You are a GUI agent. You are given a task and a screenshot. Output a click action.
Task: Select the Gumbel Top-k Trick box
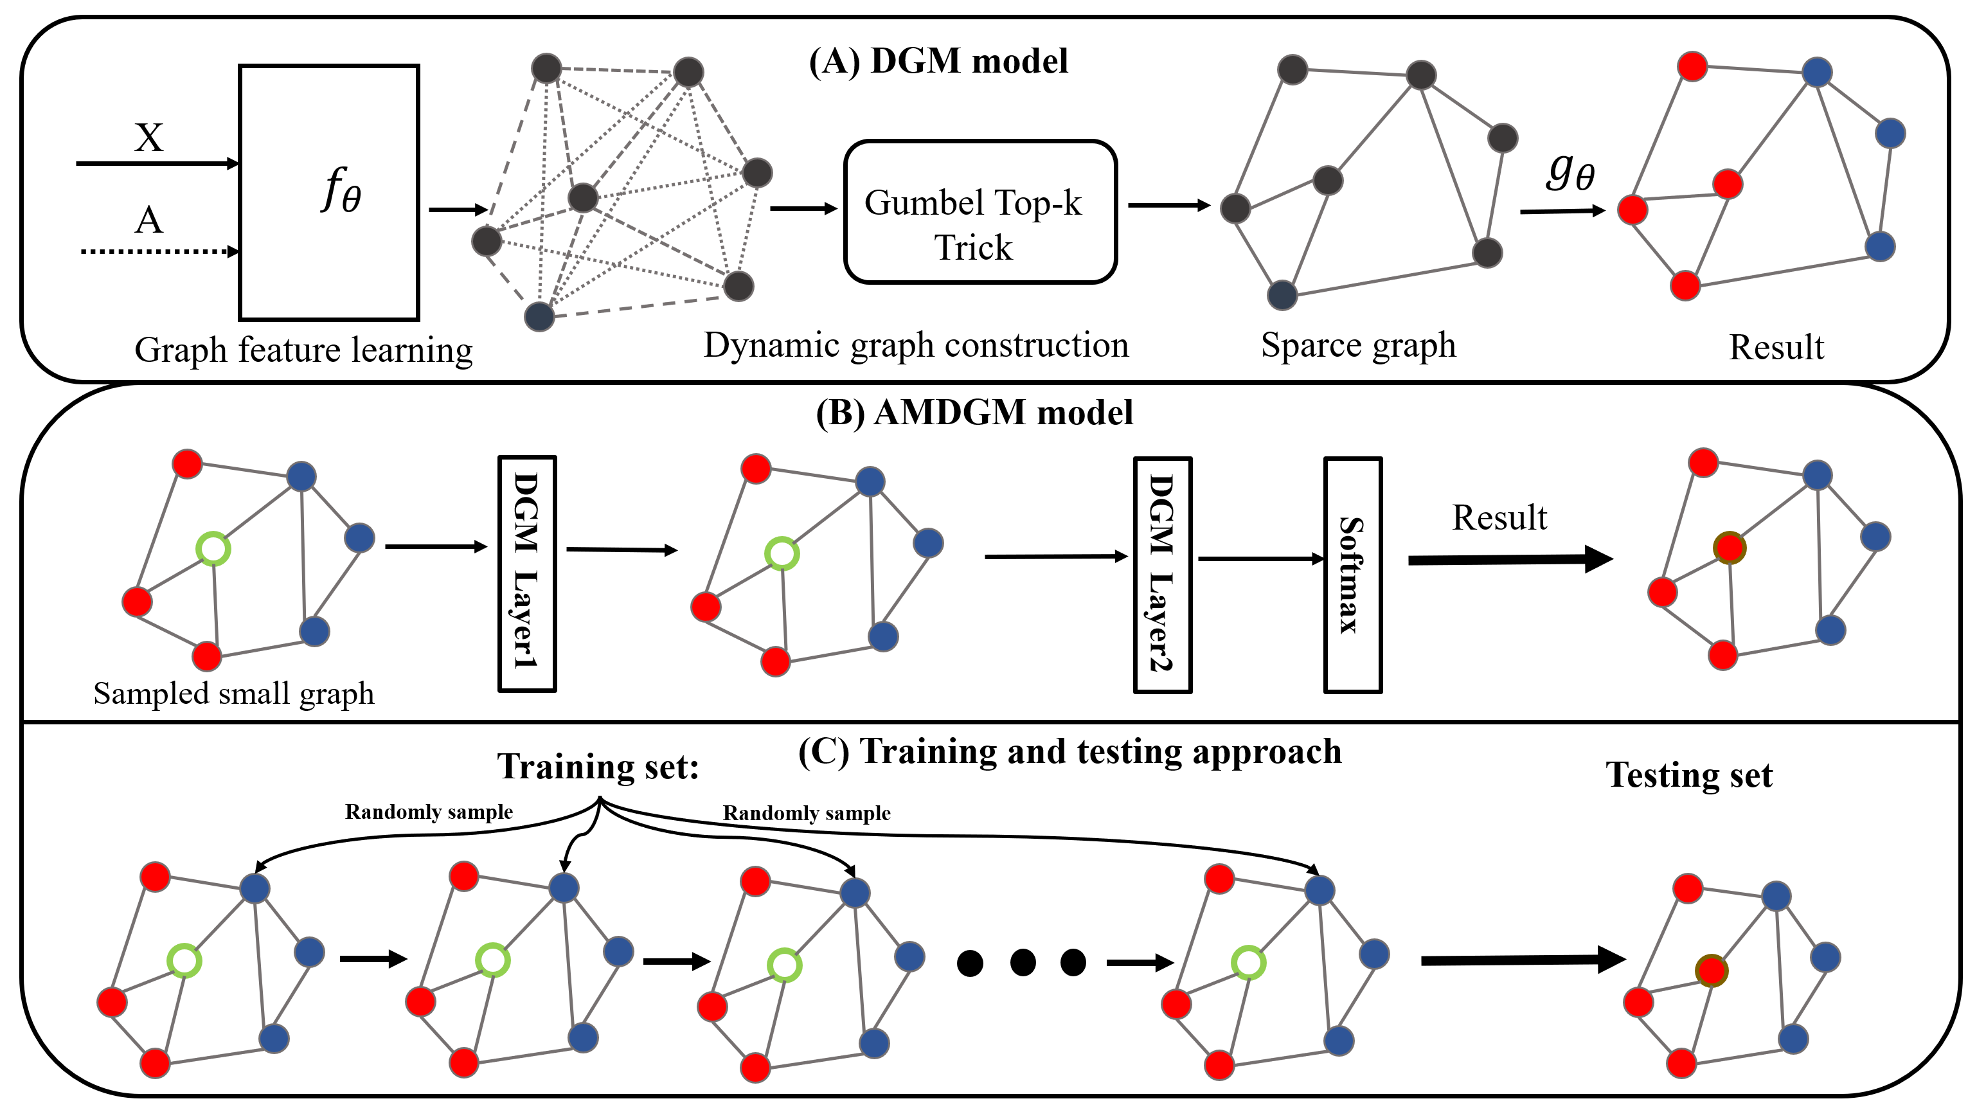980,211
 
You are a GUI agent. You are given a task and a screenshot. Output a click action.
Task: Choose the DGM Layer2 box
1162,575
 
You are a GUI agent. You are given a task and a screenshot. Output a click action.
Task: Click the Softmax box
1352,575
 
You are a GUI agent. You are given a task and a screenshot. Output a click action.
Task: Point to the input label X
148,138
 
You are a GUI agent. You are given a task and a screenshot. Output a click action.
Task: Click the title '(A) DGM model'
938,61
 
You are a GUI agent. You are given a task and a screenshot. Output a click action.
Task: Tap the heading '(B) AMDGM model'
974,413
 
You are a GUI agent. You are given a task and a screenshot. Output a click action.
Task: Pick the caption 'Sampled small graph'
234,694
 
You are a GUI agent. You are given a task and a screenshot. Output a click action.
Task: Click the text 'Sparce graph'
1358,345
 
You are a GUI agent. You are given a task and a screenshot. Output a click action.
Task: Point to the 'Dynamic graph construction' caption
916,345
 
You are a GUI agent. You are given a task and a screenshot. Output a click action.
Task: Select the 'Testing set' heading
1688,774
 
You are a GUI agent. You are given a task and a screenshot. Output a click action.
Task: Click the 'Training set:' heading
598,766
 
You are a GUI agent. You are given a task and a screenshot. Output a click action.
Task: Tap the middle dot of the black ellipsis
1022,963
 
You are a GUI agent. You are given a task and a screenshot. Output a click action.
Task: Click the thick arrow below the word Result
1509,559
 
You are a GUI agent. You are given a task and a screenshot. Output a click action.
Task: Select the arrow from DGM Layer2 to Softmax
1259,559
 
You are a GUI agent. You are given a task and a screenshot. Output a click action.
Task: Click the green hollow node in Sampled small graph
213,548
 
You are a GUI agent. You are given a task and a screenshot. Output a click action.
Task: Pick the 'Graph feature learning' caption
303,350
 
